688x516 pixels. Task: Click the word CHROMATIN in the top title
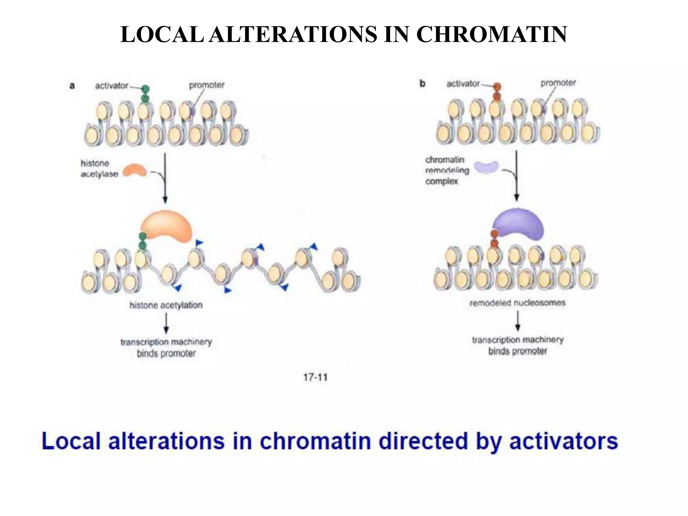492,34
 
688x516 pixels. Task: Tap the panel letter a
72,86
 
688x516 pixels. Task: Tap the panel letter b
422,84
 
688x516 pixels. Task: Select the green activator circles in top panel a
145,94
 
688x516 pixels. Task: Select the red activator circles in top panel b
497,92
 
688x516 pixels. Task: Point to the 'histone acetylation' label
166,305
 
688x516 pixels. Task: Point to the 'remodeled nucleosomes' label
517,303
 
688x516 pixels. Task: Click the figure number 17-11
315,377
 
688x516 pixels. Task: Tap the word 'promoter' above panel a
207,85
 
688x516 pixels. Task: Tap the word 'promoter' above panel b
558,83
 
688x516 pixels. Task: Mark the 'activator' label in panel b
463,84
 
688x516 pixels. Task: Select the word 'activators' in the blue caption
563,441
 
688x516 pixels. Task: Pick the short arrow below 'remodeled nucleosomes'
518,321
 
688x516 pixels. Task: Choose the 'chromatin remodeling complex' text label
447,170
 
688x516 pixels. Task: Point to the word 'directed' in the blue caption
423,441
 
